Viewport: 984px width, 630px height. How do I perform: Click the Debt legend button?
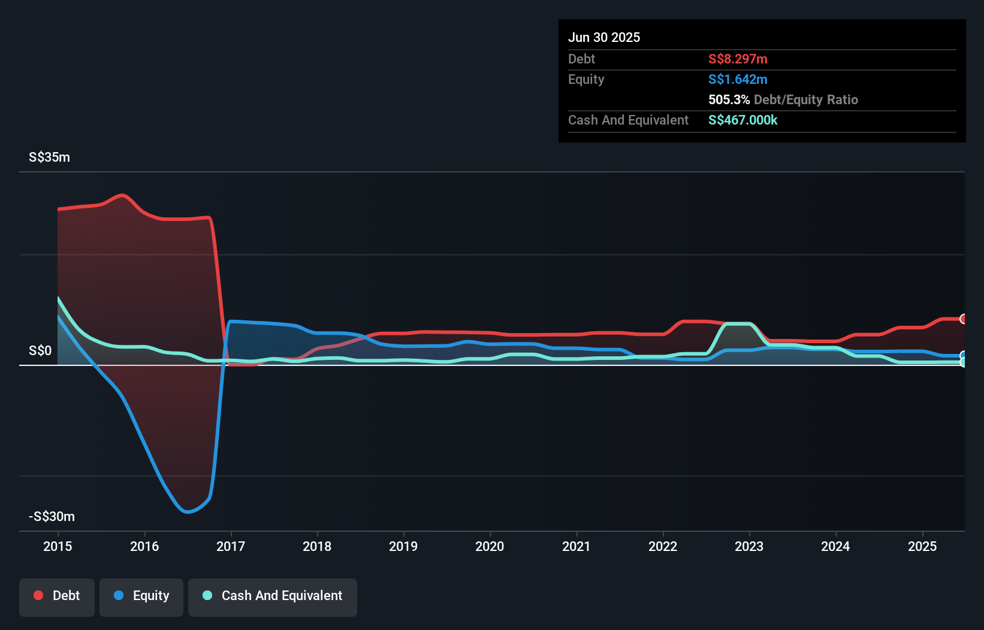(x=57, y=596)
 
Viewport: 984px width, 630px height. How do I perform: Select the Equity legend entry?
(x=141, y=596)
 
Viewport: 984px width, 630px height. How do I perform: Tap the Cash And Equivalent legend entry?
(x=273, y=596)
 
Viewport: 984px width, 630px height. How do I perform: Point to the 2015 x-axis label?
(x=58, y=547)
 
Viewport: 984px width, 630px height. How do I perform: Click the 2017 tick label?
(x=231, y=547)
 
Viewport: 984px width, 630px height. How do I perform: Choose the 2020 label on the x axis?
(x=490, y=547)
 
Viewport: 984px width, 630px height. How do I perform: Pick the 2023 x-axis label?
(x=749, y=547)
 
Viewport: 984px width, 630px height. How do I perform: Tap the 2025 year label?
(x=922, y=547)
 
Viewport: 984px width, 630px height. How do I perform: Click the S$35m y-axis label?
(x=49, y=157)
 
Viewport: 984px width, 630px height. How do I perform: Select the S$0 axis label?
(x=40, y=351)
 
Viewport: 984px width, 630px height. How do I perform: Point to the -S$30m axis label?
(x=52, y=517)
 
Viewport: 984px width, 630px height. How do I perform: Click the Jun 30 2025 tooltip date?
(x=604, y=38)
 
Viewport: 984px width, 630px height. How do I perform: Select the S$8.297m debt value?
(x=738, y=59)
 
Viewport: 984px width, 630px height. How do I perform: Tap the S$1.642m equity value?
(x=738, y=80)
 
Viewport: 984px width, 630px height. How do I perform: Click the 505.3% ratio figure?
(x=729, y=100)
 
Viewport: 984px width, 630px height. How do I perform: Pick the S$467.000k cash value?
(x=742, y=120)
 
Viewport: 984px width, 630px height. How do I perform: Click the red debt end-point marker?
(x=963, y=319)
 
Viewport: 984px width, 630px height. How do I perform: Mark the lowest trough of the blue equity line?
(x=187, y=512)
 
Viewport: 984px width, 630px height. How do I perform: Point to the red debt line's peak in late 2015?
(x=123, y=195)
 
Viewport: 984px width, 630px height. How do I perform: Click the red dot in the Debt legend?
(x=38, y=596)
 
